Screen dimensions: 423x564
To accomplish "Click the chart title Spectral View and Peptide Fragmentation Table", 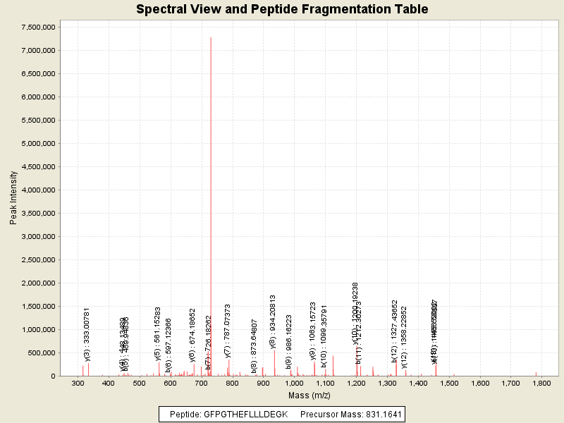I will [282, 9].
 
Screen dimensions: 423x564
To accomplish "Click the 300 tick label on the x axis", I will [78, 383].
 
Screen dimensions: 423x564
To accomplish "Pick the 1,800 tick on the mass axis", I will [541, 383].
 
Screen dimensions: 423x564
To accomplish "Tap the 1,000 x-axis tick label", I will [294, 383].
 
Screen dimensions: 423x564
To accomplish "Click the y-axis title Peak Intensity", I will [13, 198].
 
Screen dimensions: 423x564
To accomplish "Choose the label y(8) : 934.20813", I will [273, 322].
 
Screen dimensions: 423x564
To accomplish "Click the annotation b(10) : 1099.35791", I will [324, 336].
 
